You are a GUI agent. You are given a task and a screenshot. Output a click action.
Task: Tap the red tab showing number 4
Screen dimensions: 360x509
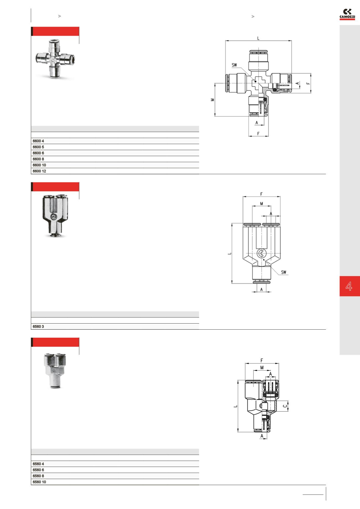point(350,286)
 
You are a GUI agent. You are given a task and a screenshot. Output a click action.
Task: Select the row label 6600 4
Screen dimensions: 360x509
point(38,141)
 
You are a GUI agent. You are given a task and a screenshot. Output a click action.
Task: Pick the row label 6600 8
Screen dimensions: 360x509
point(38,159)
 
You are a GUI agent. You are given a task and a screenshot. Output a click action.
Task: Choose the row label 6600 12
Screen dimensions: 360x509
point(39,171)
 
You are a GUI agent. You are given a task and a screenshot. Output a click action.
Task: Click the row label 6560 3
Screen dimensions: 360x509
point(38,327)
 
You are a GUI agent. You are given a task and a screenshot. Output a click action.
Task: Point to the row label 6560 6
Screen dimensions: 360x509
point(38,470)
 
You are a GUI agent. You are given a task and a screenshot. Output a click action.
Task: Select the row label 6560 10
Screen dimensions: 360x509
point(39,482)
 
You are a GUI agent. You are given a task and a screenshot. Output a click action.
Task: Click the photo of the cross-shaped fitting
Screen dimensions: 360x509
point(56,59)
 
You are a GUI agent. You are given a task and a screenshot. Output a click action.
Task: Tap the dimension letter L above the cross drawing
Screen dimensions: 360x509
point(258,38)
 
